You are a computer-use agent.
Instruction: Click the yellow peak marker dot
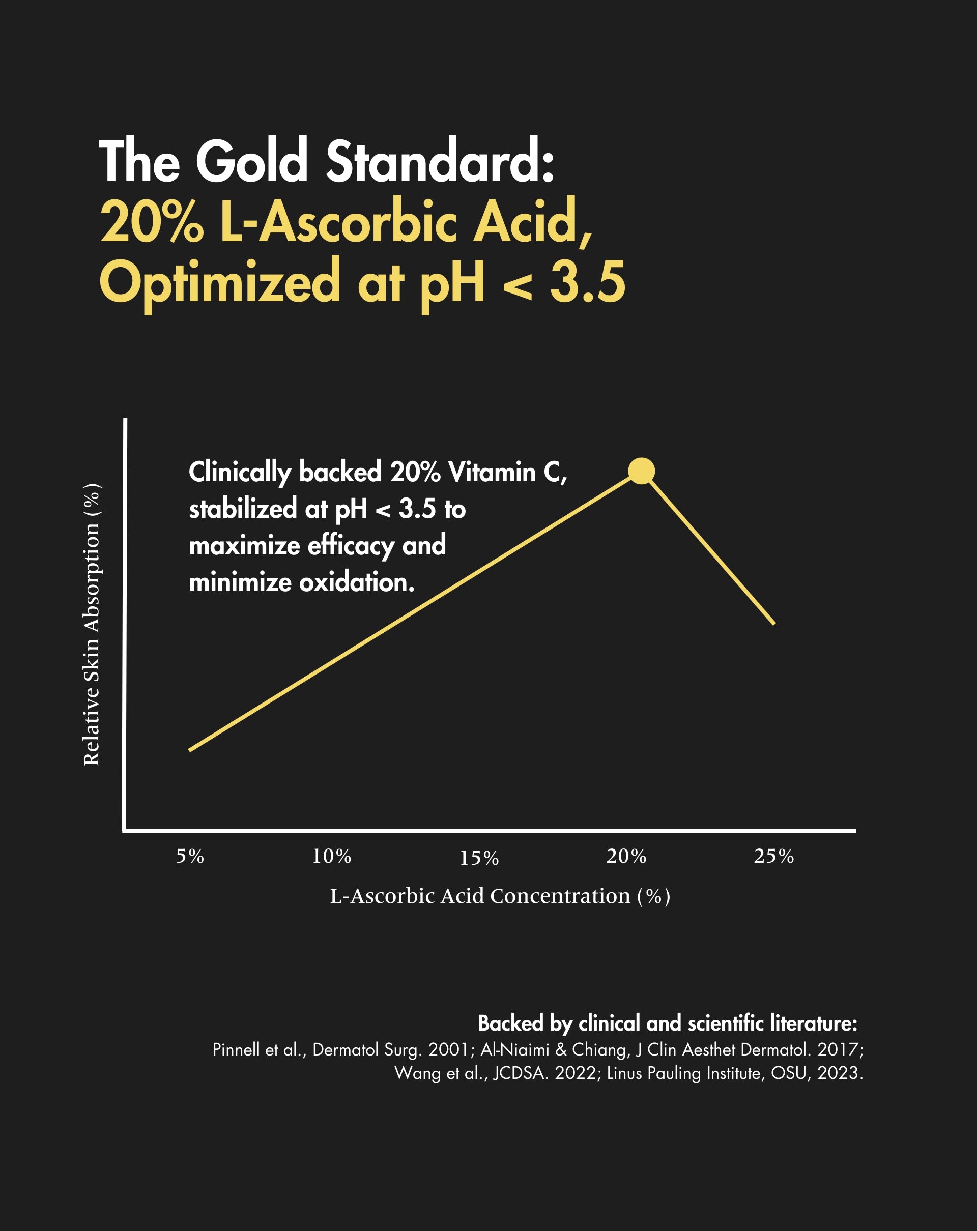tap(641, 471)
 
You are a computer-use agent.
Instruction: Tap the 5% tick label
tap(190, 857)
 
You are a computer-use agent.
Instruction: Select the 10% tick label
tap(332, 857)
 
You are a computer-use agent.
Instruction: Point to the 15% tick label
tap(479, 858)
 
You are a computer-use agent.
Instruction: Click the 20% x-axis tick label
tap(626, 857)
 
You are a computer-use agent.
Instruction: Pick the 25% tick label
tap(774, 857)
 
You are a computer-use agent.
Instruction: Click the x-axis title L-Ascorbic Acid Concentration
tap(500, 896)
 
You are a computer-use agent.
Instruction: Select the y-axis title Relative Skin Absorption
tap(92, 624)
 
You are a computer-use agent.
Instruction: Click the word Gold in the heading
tap(252, 162)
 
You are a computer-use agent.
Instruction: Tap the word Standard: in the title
tap(440, 162)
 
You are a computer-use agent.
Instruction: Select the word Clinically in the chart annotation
tap(240, 473)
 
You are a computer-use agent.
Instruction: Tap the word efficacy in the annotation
tap(351, 546)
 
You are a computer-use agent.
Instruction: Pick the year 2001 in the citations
tap(449, 1049)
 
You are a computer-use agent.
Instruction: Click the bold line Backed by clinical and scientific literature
tap(667, 1023)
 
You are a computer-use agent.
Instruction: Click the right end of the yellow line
tap(774, 624)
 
